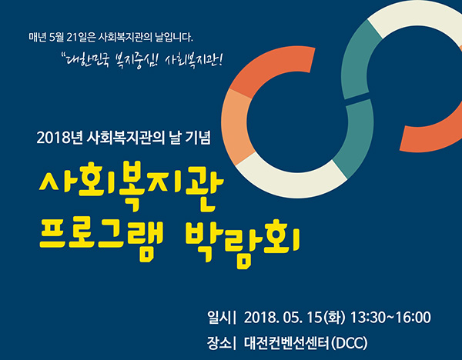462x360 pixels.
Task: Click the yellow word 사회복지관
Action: point(132,186)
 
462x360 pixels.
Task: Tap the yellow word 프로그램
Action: point(101,242)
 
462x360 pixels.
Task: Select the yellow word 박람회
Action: point(243,243)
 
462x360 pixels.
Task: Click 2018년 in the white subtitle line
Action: point(59,138)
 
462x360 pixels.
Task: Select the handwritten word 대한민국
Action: point(88,60)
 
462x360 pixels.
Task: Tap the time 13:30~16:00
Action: point(390,318)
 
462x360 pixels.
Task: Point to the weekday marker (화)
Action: point(334,318)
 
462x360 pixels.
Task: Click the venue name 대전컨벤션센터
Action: point(286,343)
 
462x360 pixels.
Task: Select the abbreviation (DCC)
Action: point(349,343)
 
